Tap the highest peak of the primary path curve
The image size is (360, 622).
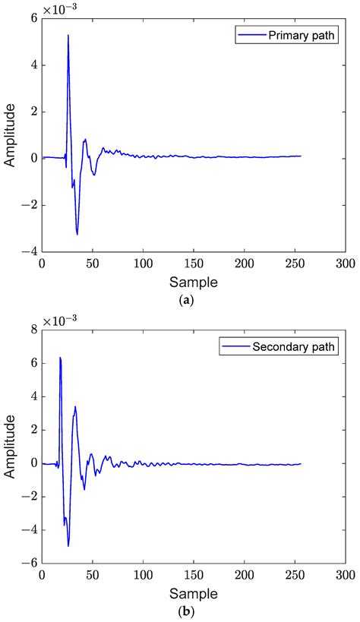68,36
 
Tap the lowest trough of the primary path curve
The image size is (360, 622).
77,234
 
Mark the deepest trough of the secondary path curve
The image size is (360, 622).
68,545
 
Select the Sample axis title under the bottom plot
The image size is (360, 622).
193,592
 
